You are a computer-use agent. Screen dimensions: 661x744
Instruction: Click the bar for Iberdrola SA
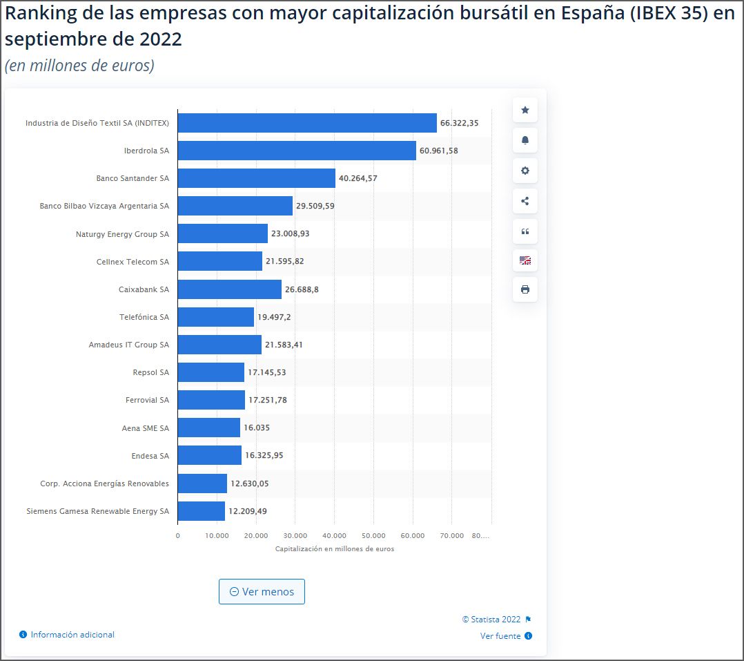click(x=297, y=151)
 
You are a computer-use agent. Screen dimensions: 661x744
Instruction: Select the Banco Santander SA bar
click(x=256, y=178)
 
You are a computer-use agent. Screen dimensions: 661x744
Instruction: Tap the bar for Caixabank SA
click(x=229, y=289)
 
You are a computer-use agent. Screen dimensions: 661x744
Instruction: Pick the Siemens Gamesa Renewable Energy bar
click(x=201, y=511)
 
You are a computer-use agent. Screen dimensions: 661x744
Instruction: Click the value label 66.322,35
click(x=459, y=123)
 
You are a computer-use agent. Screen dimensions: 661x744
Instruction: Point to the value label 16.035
click(x=257, y=428)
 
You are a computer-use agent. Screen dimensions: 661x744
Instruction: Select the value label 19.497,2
click(x=274, y=317)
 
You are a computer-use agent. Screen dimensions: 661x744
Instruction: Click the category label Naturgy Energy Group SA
click(x=122, y=234)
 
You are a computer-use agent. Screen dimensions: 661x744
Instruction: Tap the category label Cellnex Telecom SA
click(x=133, y=262)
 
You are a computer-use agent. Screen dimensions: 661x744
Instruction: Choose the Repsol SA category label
click(x=150, y=372)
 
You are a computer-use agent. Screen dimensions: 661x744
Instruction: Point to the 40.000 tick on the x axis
click(x=334, y=536)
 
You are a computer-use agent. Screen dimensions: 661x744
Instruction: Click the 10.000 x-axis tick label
click(x=217, y=536)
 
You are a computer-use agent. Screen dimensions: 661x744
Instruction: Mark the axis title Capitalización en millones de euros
click(x=334, y=549)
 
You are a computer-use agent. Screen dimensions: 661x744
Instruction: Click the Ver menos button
click(x=262, y=592)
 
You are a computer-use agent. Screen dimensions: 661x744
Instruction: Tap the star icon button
click(x=525, y=110)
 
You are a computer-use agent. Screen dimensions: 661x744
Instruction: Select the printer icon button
click(x=525, y=289)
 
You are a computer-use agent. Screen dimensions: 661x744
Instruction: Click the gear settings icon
click(x=525, y=171)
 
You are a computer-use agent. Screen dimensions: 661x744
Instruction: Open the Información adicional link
click(x=72, y=634)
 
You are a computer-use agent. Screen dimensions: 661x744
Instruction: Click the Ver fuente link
click(x=500, y=636)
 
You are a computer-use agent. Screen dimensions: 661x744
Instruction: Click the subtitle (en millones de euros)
click(x=79, y=66)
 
